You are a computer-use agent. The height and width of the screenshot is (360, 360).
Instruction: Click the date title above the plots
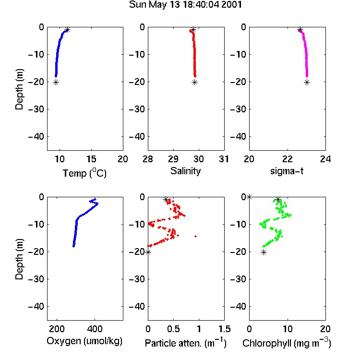[x=185, y=5]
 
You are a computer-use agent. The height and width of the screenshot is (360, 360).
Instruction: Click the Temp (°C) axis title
[x=84, y=173]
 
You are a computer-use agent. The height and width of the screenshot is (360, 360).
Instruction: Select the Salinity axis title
[x=185, y=171]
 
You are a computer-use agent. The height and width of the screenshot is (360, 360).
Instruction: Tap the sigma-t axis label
[x=287, y=171]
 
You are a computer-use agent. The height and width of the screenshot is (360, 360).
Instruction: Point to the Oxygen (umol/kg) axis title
[x=84, y=341]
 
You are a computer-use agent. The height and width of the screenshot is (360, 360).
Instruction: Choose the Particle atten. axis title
[x=185, y=343]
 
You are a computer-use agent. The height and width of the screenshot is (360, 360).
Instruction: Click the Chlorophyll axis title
[x=287, y=343]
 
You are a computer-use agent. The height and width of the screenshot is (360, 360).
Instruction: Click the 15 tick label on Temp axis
[x=91, y=159]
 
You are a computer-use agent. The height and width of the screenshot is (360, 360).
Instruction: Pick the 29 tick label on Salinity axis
[x=173, y=159]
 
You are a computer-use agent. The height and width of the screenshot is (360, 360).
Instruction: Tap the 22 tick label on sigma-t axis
[x=288, y=159]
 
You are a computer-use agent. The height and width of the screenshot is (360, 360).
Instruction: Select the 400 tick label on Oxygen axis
[x=95, y=329]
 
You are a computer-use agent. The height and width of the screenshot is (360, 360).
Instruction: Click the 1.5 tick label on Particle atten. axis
[x=224, y=329]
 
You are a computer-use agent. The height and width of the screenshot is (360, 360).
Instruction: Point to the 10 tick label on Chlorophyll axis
[x=288, y=329]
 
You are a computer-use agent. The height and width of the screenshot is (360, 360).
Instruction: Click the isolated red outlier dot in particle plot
[x=196, y=236]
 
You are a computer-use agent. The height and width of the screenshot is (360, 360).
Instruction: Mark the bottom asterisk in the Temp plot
[x=56, y=83]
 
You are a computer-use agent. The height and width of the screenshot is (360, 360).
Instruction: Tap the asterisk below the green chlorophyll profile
[x=264, y=252]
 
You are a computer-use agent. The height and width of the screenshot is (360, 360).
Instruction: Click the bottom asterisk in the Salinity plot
[x=195, y=83]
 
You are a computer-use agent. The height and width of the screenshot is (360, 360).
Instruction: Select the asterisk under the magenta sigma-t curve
[x=307, y=83]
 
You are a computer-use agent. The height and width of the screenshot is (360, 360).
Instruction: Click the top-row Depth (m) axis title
[x=19, y=89]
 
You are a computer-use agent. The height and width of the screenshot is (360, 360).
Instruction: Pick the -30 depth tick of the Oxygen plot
[x=36, y=279]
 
